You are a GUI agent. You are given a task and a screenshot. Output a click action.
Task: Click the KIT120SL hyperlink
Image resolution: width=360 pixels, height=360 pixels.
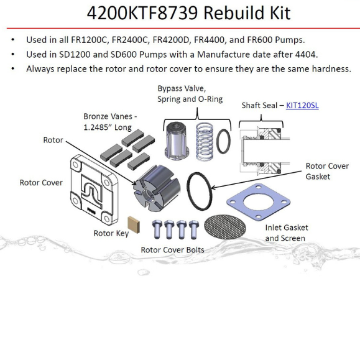click(x=302, y=105)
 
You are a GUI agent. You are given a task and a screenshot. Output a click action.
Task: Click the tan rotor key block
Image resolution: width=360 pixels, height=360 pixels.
click(x=134, y=224)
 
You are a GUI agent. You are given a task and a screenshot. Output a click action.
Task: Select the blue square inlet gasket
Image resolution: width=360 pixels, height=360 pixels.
click(x=258, y=201)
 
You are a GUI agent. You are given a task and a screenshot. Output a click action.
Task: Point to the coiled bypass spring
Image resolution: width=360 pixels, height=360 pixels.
click(x=205, y=141)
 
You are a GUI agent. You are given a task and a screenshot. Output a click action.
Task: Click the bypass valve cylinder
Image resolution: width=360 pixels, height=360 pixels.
click(x=177, y=140)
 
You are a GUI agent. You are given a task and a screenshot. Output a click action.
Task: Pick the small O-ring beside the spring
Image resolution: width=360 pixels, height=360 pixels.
click(x=223, y=141)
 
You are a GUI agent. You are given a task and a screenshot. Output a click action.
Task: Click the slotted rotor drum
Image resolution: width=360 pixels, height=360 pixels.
click(x=157, y=188)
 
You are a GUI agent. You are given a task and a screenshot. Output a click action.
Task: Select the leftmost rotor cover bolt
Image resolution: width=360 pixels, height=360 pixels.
click(x=157, y=229)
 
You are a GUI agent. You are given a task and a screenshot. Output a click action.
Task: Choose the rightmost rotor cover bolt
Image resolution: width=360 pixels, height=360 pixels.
click(x=194, y=229)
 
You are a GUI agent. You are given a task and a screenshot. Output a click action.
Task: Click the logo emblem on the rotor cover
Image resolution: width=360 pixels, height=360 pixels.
click(x=92, y=190)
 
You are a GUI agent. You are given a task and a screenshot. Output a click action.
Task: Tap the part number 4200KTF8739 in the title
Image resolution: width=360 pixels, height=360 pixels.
click(x=142, y=13)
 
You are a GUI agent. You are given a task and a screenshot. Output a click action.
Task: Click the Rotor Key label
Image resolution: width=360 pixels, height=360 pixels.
click(x=111, y=233)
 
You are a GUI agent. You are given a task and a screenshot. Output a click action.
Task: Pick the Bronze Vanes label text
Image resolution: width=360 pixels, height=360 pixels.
click(x=110, y=122)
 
